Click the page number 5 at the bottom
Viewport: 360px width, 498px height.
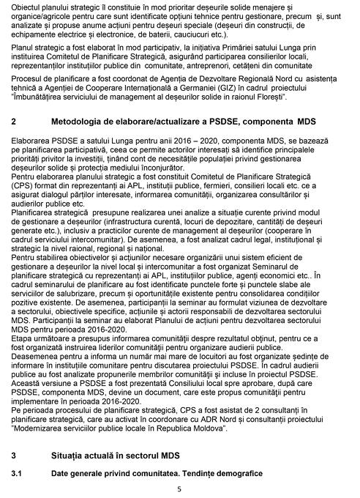179,488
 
